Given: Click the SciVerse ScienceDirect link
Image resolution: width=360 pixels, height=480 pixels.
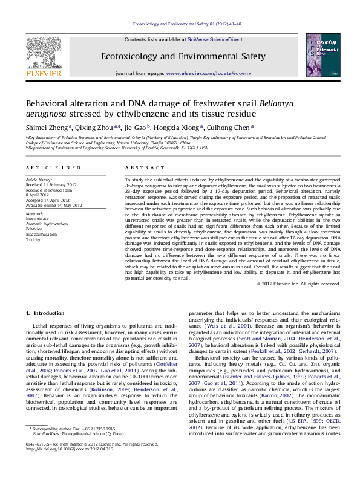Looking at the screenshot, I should tap(215, 39).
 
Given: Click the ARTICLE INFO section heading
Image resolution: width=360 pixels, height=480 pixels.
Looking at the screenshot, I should tap(53, 167).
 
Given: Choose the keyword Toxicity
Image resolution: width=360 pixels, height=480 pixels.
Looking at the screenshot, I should tap(33, 239).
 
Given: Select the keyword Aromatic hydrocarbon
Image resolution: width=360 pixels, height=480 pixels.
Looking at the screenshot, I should tap(47, 224).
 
